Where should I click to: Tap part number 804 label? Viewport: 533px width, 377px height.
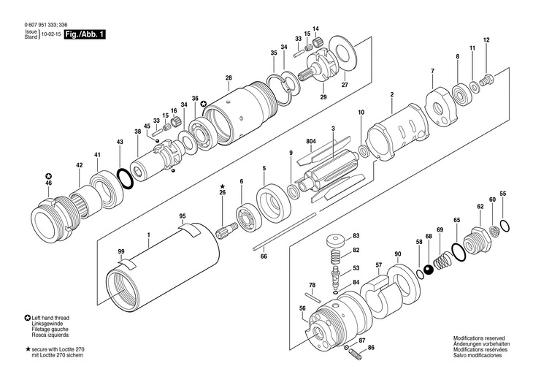pos(310,140)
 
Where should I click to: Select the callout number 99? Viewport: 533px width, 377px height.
pos(120,251)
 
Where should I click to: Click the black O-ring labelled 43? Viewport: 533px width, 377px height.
pos(124,177)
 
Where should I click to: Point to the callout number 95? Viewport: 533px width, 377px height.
pos(183,216)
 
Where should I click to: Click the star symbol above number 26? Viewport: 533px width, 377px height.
pos(223,186)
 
